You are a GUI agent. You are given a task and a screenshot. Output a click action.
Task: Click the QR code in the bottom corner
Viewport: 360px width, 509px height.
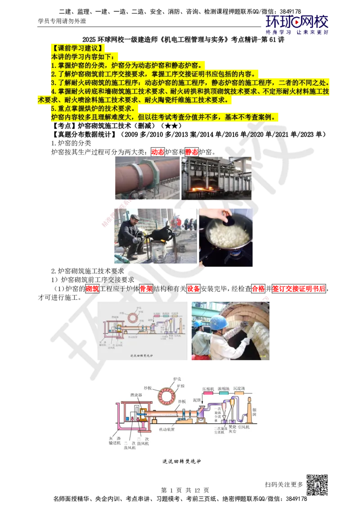[316, 485]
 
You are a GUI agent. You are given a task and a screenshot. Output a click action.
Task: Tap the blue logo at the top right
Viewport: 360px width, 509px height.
[297, 23]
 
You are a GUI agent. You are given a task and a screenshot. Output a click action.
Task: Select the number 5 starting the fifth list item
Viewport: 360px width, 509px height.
[53, 109]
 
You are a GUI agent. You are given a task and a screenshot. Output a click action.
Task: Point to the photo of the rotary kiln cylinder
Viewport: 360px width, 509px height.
[146, 178]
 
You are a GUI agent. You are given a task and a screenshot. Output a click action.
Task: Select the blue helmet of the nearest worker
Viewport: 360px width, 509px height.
[219, 322]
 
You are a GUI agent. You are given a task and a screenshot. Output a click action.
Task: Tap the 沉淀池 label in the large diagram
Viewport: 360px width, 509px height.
[239, 388]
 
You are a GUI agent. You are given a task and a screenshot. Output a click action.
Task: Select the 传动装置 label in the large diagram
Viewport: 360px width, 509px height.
[167, 429]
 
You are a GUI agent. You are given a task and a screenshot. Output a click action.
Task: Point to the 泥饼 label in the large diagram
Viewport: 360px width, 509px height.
[197, 399]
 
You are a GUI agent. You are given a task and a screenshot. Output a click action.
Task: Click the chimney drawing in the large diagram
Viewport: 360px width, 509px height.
[248, 411]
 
